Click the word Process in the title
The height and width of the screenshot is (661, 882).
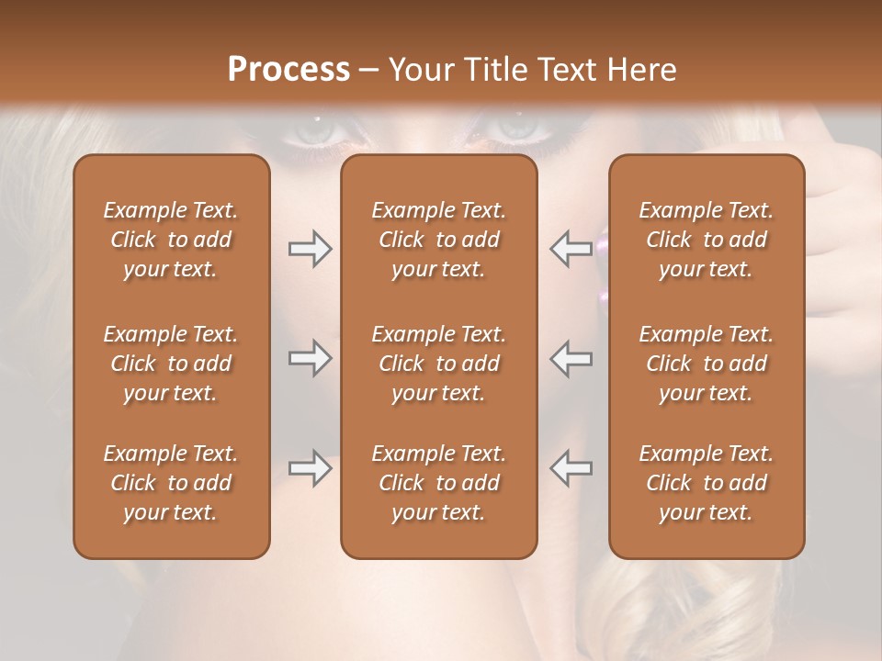coord(288,70)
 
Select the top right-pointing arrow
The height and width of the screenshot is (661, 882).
coord(310,249)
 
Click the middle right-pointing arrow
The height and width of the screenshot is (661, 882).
coord(310,358)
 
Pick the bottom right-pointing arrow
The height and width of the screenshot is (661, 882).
coord(310,468)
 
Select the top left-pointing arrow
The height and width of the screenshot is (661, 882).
coord(571,249)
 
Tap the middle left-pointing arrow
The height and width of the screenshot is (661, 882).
coord(571,358)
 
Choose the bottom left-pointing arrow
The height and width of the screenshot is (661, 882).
coord(571,468)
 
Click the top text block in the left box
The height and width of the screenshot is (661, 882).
coord(171,240)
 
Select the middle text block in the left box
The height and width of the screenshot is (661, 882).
coord(171,364)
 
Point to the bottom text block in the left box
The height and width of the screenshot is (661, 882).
coord(171,483)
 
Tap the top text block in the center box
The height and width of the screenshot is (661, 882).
coord(438,240)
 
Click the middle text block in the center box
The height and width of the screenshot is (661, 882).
coord(438,364)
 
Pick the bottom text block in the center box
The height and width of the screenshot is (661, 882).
coord(438,483)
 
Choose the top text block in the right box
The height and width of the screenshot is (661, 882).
coord(707,240)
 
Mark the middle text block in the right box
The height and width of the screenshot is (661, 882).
coord(707,364)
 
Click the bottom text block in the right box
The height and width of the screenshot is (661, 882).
coord(707,483)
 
